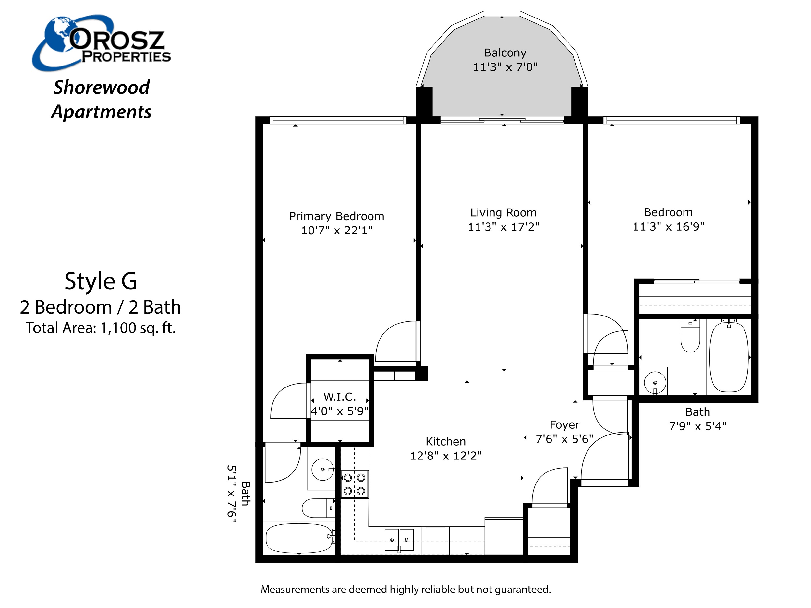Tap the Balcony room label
click(505, 53)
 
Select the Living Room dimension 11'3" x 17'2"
click(503, 227)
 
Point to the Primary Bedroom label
click(337, 216)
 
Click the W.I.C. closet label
click(340, 397)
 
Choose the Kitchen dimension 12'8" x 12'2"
click(445, 456)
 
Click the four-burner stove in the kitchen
click(355, 484)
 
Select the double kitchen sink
click(399, 540)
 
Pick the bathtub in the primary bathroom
click(299, 538)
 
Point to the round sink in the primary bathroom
click(323, 470)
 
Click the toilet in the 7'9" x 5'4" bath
click(690, 336)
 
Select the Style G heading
click(101, 281)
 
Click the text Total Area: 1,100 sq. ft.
click(101, 328)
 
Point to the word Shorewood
click(102, 87)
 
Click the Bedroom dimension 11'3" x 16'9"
click(668, 226)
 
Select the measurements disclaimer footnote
click(405, 589)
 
